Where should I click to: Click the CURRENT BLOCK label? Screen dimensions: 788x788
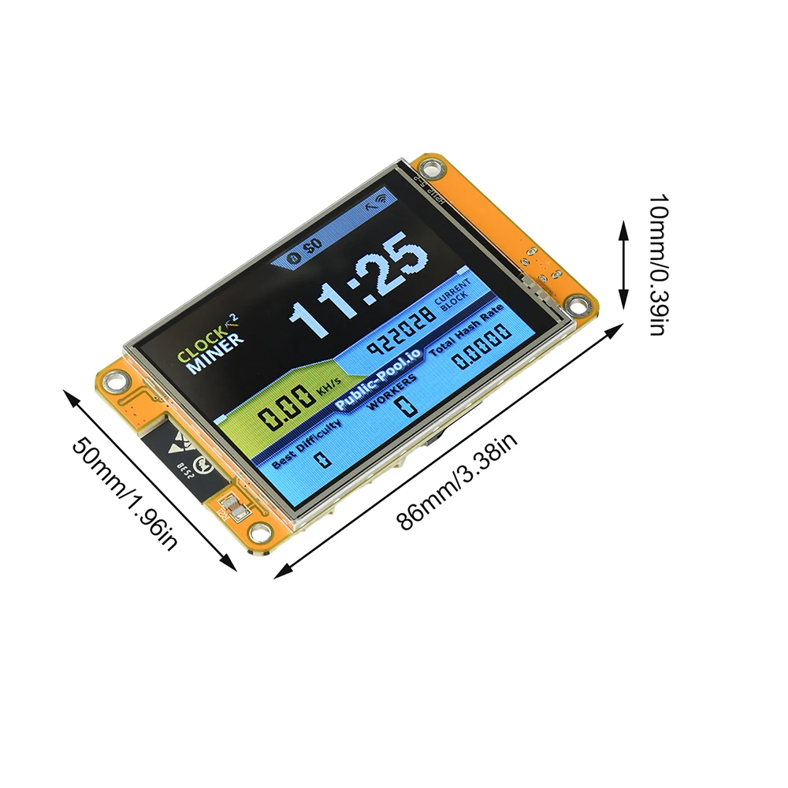tap(455, 295)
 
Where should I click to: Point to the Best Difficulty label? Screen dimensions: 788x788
tap(307, 443)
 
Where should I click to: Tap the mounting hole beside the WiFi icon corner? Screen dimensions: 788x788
tap(429, 167)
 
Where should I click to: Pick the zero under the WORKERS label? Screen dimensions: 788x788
tap(405, 407)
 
